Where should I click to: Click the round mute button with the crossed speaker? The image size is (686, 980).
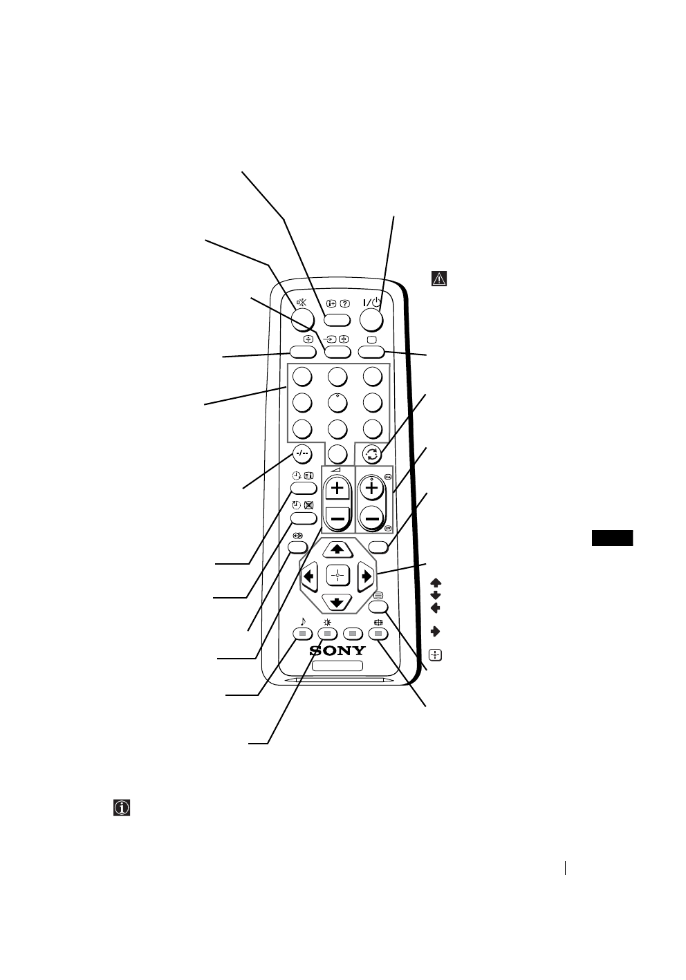(302, 317)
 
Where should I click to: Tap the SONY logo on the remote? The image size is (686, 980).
(337, 651)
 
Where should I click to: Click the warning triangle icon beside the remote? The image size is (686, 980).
(439, 279)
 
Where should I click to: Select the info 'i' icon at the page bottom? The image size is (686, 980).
(122, 808)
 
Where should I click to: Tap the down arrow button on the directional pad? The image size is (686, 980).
(337, 602)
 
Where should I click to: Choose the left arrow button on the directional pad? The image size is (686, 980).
(308, 575)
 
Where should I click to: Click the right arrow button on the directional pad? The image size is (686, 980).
(366, 575)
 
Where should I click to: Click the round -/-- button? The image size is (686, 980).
(302, 454)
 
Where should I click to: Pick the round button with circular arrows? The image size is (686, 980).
(373, 454)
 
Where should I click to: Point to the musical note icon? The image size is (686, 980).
(302, 621)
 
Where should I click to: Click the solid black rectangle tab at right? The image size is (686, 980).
(613, 538)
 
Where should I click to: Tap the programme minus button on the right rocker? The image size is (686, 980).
(373, 518)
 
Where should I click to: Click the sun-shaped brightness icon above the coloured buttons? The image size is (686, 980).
(327, 621)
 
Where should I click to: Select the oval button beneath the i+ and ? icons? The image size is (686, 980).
(337, 319)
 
